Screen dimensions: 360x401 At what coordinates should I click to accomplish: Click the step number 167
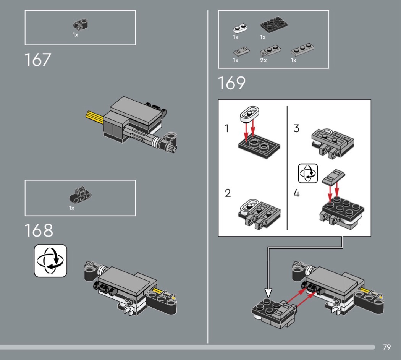tap(37, 60)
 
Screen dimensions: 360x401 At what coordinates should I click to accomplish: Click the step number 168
tap(39, 230)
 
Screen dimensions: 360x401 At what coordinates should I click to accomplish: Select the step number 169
tap(231, 83)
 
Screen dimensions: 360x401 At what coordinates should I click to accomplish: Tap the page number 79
tap(387, 347)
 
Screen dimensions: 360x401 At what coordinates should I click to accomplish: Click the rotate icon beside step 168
tap(50, 261)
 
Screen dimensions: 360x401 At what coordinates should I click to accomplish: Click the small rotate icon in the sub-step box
tap(308, 174)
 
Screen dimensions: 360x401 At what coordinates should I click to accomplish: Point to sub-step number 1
tap(227, 129)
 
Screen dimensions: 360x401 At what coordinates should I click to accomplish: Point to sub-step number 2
tap(228, 193)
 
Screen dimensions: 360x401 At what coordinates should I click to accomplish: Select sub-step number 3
tap(296, 128)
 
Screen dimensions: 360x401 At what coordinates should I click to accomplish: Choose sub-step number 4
tap(296, 193)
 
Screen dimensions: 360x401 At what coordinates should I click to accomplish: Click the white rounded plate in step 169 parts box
tap(240, 29)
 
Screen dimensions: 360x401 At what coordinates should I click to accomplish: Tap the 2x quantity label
tap(264, 60)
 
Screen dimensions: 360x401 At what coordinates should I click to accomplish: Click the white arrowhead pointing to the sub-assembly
tap(268, 293)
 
